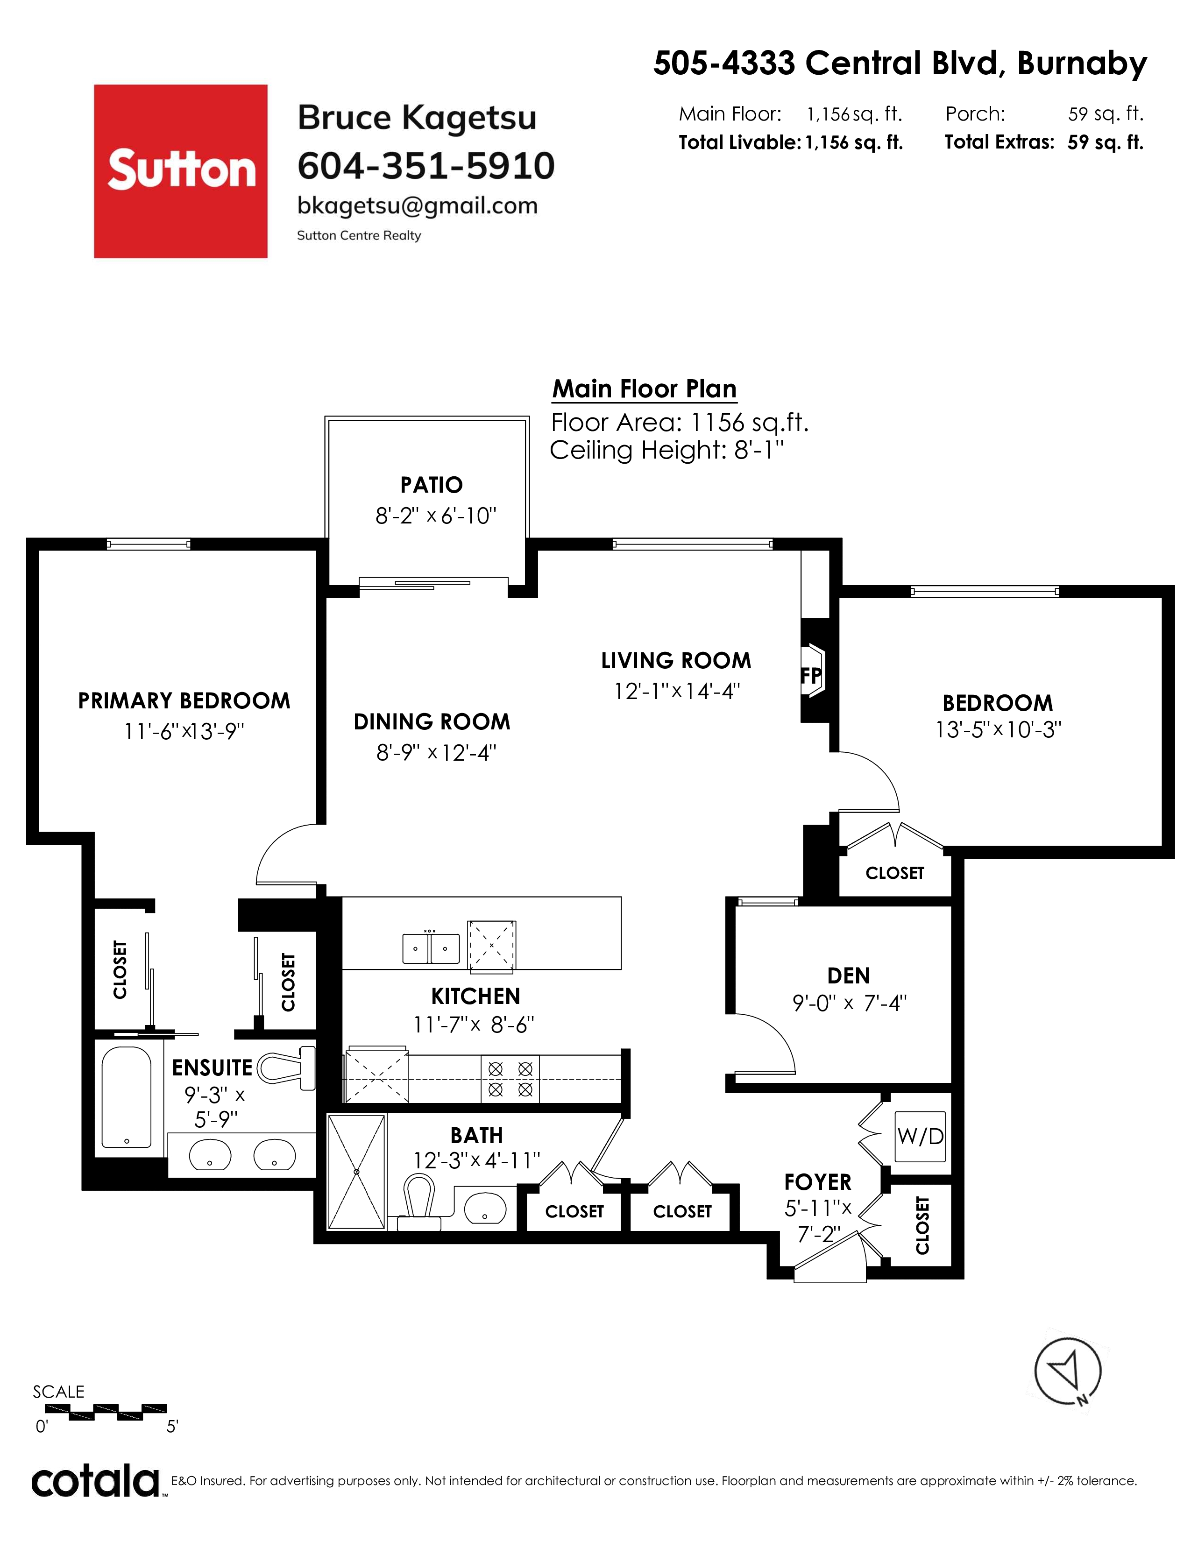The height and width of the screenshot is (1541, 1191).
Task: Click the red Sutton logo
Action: (181, 171)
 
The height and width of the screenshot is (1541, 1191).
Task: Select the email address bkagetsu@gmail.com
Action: (418, 206)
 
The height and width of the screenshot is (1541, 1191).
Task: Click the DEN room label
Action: (849, 976)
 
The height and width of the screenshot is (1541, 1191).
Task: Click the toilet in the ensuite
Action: (286, 1067)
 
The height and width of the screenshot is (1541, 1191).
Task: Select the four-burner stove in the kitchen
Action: (510, 1079)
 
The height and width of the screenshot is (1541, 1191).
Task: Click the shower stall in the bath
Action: (357, 1172)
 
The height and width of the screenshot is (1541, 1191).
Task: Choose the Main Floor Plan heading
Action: (644, 389)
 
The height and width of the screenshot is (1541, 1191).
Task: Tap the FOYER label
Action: (818, 1182)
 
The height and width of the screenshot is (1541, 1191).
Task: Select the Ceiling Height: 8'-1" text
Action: (667, 450)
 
